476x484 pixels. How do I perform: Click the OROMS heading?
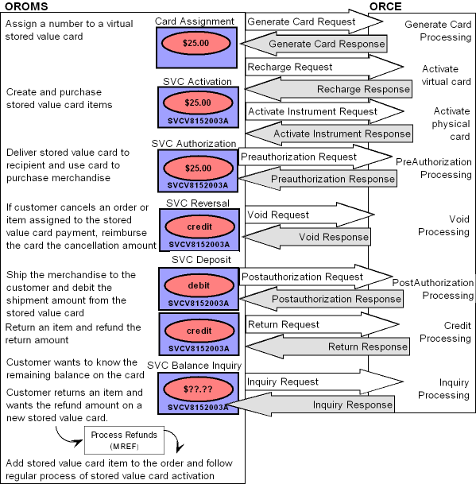coord(26,6)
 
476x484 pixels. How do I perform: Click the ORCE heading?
coord(385,6)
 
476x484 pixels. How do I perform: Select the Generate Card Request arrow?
coord(314,21)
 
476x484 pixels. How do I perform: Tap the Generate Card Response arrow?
coord(314,44)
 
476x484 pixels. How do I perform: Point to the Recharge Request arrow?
coord(324,67)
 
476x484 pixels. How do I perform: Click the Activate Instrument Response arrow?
coord(329,134)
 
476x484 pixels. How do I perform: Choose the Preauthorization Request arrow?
coord(315,157)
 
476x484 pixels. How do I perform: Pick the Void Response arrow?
coord(306,237)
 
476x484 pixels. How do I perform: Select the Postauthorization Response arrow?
coord(322,299)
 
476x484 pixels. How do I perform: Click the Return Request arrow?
coord(323,324)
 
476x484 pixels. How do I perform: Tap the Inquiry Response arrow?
coord(311,405)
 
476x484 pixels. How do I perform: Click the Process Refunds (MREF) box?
coord(125,440)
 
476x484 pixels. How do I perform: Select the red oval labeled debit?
coord(199,285)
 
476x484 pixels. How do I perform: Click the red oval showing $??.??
coord(198,389)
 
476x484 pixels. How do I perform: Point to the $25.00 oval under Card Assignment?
coord(196,43)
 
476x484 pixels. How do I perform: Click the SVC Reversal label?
coord(198,203)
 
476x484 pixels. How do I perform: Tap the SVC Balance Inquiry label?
coord(194,366)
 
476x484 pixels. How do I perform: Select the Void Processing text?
coord(444,226)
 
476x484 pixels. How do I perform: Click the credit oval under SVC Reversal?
coord(199,227)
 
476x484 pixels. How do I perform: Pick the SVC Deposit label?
coord(201,260)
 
